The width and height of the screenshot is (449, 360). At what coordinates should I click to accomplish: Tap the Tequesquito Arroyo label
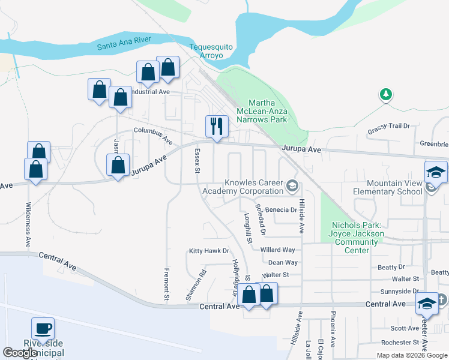206,51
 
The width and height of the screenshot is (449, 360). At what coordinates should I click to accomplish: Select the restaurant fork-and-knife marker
217,126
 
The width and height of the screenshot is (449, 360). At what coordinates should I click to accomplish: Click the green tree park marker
385,94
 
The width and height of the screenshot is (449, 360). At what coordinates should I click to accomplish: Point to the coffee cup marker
43,329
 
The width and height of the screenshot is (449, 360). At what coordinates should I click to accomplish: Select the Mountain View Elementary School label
394,187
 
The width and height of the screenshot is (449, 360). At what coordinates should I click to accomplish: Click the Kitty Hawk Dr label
209,251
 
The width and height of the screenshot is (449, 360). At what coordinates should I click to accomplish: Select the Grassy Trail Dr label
388,127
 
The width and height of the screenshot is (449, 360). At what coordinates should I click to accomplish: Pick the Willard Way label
277,250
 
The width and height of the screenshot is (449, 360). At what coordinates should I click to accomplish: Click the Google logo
20,353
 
